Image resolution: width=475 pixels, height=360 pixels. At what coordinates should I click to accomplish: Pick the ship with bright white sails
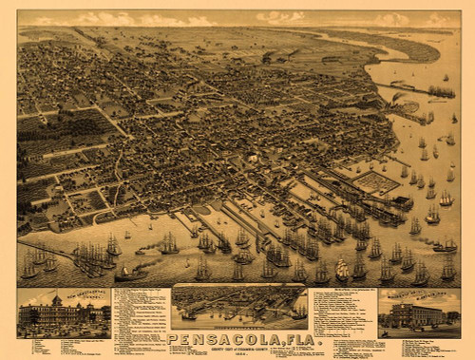coord(342,270)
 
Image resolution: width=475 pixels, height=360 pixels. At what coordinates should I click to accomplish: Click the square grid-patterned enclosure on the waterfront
coord(376,181)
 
